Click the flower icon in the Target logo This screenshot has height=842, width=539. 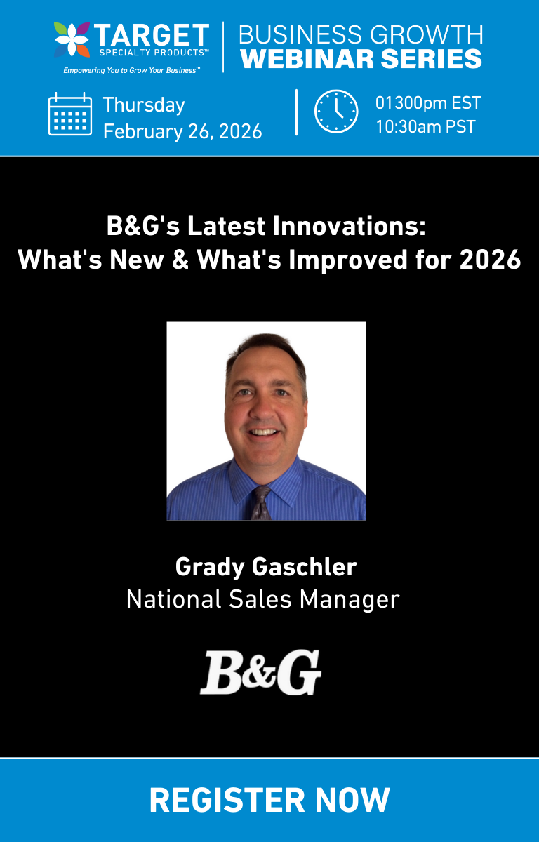pos(72,40)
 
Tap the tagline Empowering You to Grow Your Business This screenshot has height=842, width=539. pos(131,70)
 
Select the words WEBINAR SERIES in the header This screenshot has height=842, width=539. pos(361,58)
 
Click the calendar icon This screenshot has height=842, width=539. pos(69,114)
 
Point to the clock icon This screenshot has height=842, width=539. pos(336,112)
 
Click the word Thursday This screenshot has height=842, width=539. pos(144,105)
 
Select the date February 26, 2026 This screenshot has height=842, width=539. pos(182,131)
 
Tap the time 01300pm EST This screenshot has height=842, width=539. pos(428,103)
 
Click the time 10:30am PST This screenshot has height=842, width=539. pos(425,126)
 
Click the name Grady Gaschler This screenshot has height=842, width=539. pos(266,567)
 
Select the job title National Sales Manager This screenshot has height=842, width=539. pos(262,599)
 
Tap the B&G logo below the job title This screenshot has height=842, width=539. pos(260,672)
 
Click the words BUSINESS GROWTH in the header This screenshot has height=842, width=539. pos(361,34)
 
